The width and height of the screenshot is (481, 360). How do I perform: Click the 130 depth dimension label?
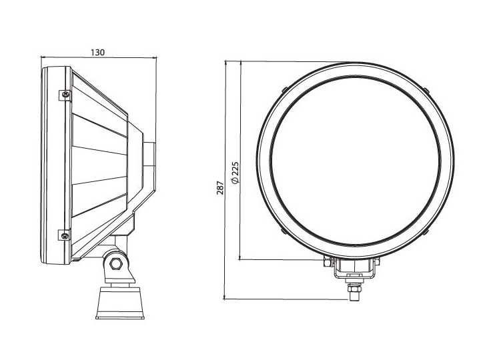click(x=97, y=52)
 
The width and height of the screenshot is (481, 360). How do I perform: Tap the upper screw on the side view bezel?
click(x=65, y=94)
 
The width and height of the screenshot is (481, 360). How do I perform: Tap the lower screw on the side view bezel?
click(x=65, y=234)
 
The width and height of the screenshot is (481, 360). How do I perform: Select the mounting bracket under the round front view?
click(x=354, y=268)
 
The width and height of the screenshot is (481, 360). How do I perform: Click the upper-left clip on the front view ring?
click(x=284, y=89)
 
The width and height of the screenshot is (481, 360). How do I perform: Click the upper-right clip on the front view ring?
click(x=426, y=89)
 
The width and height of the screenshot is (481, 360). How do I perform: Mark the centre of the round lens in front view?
click(x=355, y=161)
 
